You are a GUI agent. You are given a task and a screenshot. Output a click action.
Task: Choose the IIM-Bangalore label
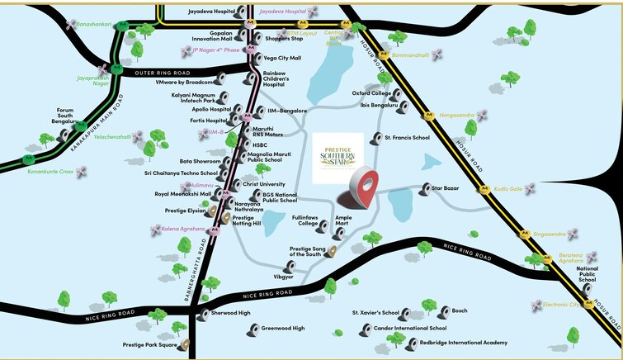[x=287, y=110]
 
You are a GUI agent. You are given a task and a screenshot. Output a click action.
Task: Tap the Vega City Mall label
[x=282, y=59]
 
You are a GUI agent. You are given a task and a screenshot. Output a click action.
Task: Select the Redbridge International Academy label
[x=463, y=342]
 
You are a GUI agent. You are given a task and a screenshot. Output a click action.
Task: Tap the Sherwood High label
[x=232, y=313]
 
